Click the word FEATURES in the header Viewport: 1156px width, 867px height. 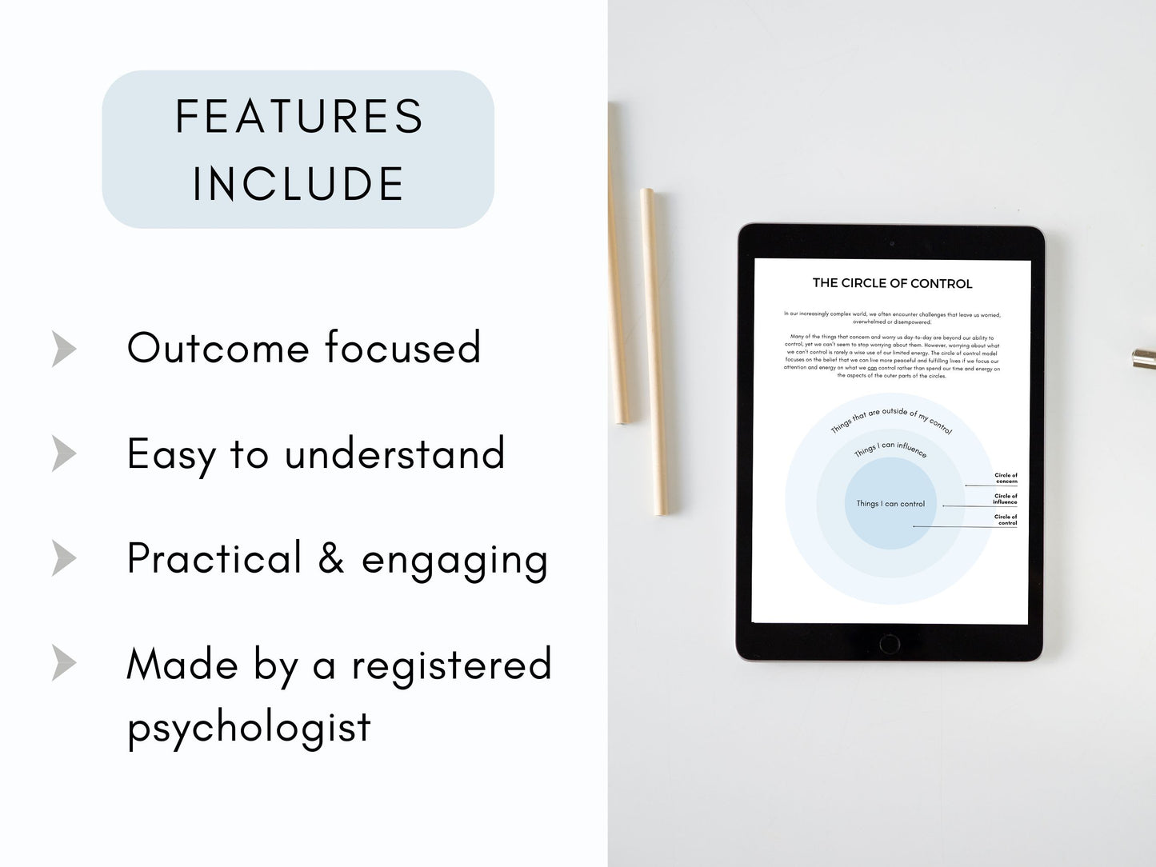tap(298, 117)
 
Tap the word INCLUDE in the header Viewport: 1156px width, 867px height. tap(298, 184)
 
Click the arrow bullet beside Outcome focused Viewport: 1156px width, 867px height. tap(64, 348)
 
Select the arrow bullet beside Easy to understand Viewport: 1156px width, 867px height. tap(64, 453)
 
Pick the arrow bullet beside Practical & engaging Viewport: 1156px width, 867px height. tap(64, 557)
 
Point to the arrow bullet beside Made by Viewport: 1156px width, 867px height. tap(64, 663)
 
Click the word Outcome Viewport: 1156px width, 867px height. tap(218, 348)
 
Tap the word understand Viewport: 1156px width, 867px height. tap(394, 453)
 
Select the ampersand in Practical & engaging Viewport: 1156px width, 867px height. tap(331, 557)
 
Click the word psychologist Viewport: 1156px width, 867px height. tap(249, 727)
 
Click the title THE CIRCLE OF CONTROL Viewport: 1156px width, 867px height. tap(892, 283)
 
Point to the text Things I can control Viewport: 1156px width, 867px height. tap(890, 504)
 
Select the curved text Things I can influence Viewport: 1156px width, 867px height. tap(890, 449)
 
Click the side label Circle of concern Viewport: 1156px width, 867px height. tap(1006, 478)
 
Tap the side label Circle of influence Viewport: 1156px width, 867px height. tap(1006, 499)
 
